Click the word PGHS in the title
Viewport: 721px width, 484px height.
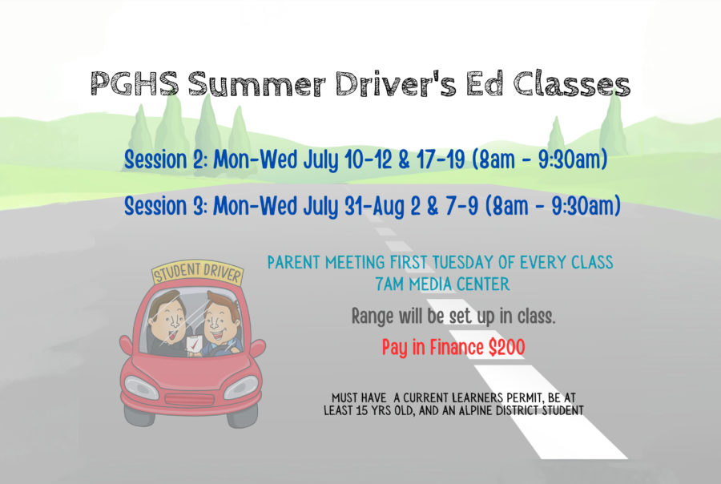pos(135,83)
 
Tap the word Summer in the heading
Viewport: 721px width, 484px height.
pos(256,84)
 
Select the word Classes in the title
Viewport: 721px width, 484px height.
pos(571,84)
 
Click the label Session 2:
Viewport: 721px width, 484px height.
pos(167,159)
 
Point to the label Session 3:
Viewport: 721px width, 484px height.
pos(167,205)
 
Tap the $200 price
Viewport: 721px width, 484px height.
pos(506,347)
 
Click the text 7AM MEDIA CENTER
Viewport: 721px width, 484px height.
pos(442,284)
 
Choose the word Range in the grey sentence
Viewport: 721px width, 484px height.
pos(373,317)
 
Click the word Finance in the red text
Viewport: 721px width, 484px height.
pos(456,347)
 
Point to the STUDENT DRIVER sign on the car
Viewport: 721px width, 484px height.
pos(197,272)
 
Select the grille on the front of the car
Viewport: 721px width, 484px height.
pos(189,399)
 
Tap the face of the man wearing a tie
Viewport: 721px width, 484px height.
pos(170,318)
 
